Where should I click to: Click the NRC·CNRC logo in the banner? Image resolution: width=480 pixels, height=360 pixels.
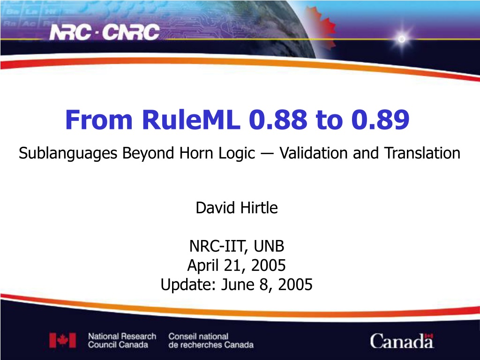pos(105,32)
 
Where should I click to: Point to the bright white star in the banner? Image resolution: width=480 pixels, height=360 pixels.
pos(402,39)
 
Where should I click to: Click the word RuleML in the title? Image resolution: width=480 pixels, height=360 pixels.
pos(191,120)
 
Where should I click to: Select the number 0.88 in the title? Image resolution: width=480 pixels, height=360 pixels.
pos(278,120)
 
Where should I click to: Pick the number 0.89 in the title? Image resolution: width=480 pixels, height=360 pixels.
pos(381,120)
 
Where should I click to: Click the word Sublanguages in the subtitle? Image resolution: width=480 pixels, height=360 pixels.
pos(68,153)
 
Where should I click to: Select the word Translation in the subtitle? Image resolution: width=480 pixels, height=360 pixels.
pos(422,153)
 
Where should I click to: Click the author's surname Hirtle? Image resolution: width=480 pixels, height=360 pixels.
pos(259,208)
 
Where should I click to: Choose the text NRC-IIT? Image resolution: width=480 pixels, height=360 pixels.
pos(218,246)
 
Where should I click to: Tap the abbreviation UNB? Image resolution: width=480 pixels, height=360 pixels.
pos(269,246)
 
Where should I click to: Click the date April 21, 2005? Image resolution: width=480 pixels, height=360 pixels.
pos(237,265)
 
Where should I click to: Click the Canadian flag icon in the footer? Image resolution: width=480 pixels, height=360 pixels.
pos(62,340)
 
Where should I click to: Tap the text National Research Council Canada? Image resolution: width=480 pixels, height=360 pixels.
pos(122,340)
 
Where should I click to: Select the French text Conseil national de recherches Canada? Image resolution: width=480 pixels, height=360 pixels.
pos(211,340)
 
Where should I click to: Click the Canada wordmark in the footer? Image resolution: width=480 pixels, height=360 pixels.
pos(402,341)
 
